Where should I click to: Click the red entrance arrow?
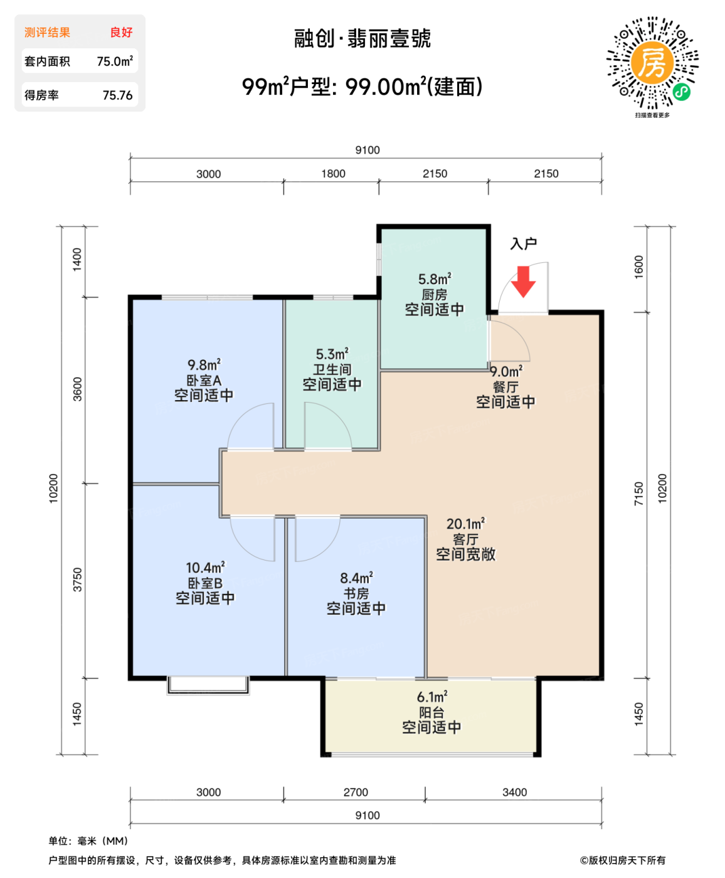[523, 282]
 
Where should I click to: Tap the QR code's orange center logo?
[652, 63]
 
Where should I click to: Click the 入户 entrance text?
[524, 243]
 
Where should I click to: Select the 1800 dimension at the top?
[333, 174]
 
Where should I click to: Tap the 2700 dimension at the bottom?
[356, 792]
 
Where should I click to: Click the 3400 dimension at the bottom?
[514, 792]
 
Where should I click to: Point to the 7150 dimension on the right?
[638, 494]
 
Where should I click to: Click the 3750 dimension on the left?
[77, 579]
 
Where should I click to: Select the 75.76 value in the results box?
[117, 95]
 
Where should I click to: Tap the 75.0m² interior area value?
[114, 61]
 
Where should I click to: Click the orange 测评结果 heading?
[47, 33]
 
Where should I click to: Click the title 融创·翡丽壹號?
[362, 39]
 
